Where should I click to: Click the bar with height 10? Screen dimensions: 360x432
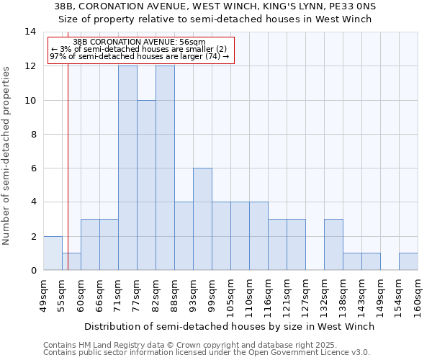[x=146, y=185]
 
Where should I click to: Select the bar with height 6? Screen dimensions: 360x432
[x=202, y=219]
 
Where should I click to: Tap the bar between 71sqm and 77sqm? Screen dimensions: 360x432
[x=127, y=168]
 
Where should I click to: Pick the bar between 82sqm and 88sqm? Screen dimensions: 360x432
[x=165, y=168]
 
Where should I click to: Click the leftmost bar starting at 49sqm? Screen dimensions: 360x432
[x=53, y=253]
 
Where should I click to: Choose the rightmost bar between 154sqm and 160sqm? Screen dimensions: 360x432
[x=408, y=261]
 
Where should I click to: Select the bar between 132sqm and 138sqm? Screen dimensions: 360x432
[x=333, y=244]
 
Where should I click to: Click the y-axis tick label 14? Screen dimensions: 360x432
[x=30, y=32]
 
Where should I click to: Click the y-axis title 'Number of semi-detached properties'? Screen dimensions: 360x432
[x=7, y=156]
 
